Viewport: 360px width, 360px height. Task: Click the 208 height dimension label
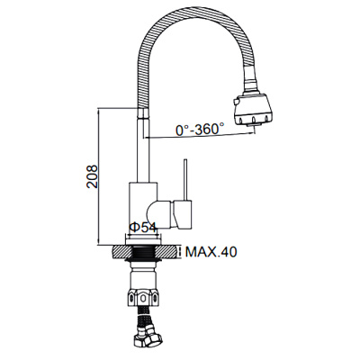click(x=92, y=176)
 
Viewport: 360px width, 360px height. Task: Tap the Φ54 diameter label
click(x=143, y=228)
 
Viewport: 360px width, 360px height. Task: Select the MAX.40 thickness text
click(x=211, y=252)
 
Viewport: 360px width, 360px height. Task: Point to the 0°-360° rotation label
click(x=200, y=130)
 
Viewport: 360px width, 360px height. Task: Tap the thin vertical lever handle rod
click(x=186, y=179)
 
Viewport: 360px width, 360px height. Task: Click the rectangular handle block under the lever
click(x=182, y=213)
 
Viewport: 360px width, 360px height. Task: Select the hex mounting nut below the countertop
click(x=143, y=297)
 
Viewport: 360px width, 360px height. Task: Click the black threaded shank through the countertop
click(x=144, y=253)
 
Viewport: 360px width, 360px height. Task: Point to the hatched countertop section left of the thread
click(x=121, y=252)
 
